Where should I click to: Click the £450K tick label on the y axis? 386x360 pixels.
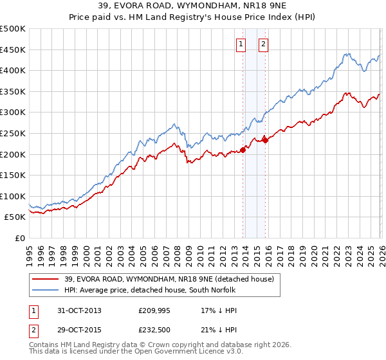click(x=13, y=50)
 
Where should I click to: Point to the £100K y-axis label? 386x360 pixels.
click(x=13, y=196)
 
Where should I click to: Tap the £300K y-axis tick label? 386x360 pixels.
click(x=13, y=113)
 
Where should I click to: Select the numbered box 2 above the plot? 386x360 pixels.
click(x=264, y=44)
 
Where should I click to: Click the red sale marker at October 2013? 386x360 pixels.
click(x=243, y=150)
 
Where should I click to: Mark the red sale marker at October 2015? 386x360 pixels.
click(x=265, y=140)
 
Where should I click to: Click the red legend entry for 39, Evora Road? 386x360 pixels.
click(x=169, y=278)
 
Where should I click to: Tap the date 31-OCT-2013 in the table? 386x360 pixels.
click(x=78, y=310)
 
